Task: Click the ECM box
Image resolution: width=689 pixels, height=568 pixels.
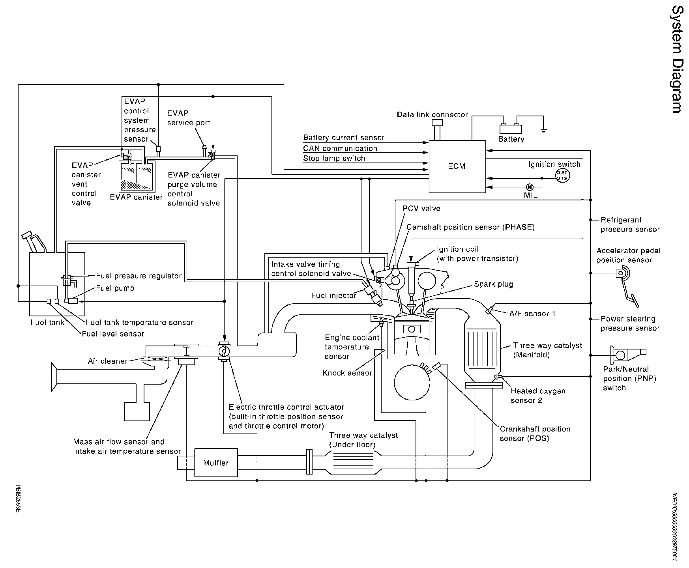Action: tap(457, 166)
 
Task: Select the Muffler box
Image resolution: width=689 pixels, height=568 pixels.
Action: tap(216, 463)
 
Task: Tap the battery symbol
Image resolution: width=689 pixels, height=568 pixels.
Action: tap(511, 128)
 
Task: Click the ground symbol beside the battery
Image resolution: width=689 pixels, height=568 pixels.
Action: tap(544, 130)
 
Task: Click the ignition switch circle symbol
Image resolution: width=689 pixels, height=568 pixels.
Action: tap(562, 176)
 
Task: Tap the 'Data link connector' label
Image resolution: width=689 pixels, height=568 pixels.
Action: tap(432, 115)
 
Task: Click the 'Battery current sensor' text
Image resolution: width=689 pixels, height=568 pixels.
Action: tap(344, 138)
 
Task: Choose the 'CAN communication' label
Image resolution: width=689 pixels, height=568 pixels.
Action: tap(340, 148)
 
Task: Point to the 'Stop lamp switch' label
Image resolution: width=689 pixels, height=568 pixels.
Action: tap(334, 159)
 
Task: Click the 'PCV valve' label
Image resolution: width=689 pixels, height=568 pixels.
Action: tap(421, 208)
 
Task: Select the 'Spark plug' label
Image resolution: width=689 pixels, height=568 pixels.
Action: tap(493, 284)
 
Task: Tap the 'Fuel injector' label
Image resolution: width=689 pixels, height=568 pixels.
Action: tap(334, 295)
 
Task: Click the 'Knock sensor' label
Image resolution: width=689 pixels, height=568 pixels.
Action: tap(347, 373)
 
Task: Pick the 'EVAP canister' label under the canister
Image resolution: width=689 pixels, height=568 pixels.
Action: tap(136, 197)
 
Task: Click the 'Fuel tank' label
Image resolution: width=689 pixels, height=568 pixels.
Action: tap(47, 323)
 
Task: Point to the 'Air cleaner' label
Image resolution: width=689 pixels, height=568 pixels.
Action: tap(108, 361)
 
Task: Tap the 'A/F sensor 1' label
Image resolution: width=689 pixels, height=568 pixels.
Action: tap(532, 314)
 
